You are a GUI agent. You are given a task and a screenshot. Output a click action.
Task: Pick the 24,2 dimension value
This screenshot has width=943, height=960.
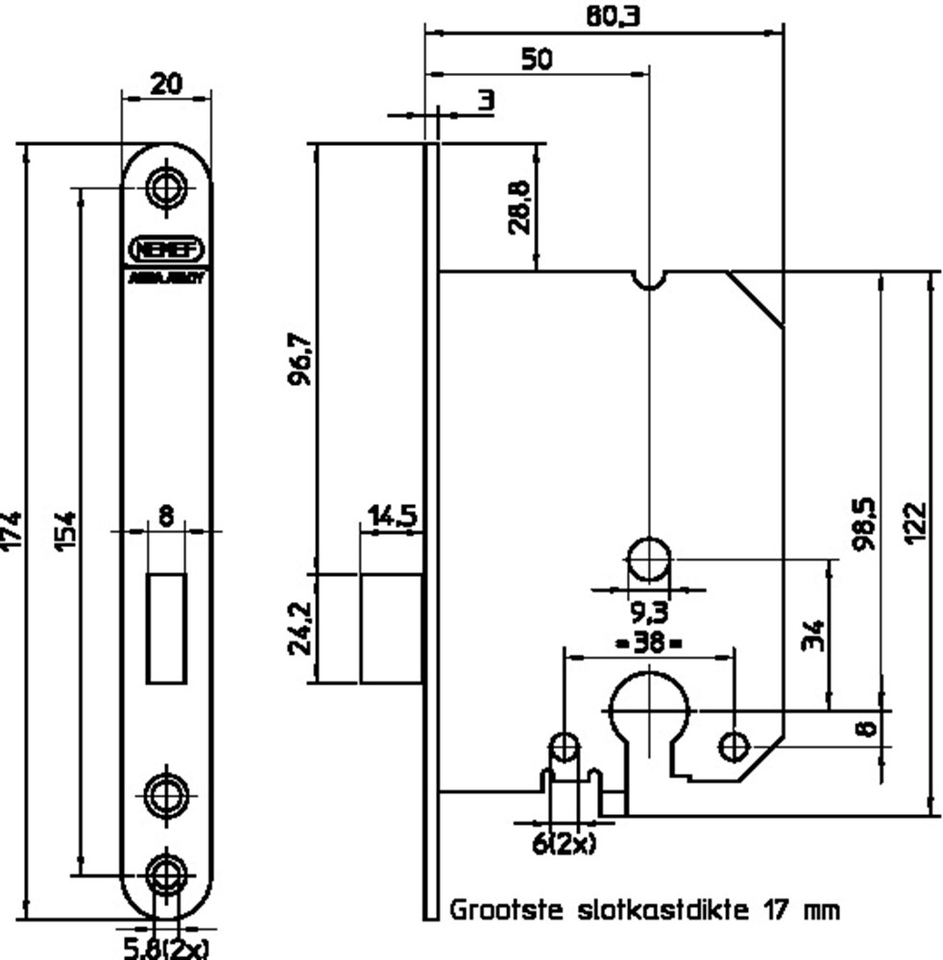(301, 628)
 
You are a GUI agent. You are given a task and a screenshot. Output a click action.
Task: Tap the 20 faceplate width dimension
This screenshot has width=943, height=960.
(165, 84)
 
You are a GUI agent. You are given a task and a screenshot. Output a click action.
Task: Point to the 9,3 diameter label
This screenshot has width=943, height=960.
(649, 611)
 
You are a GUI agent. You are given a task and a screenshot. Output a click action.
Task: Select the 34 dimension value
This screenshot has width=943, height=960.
(812, 636)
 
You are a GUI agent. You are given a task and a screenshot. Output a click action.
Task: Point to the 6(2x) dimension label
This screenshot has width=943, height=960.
(565, 844)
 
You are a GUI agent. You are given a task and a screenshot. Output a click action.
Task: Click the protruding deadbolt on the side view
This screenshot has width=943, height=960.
(391, 628)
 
